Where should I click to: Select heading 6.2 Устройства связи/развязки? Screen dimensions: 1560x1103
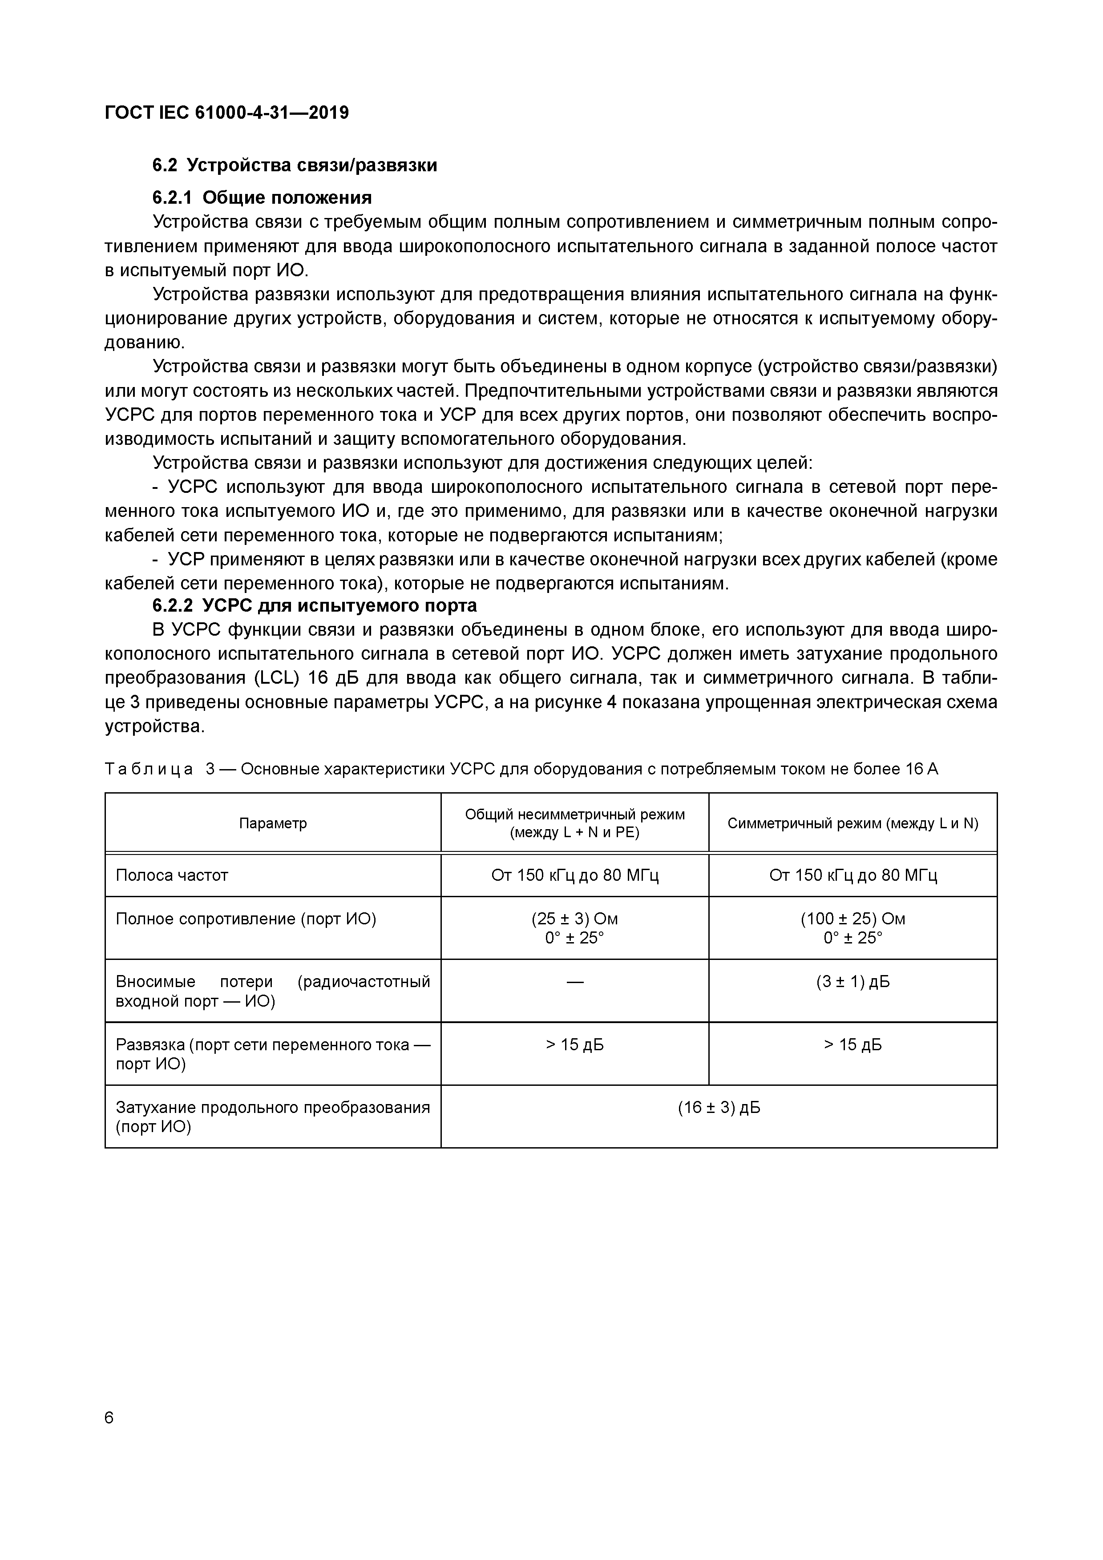pos(294,165)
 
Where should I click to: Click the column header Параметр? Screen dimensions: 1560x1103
pos(272,823)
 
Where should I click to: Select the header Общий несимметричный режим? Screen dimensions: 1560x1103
pos(574,814)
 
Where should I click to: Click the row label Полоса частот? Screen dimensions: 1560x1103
pos(172,875)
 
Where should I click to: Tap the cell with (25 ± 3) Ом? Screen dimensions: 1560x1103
pos(574,919)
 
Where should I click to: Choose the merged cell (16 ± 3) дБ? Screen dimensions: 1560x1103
pos(718,1108)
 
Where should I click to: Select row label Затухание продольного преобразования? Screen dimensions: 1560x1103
pos(272,1108)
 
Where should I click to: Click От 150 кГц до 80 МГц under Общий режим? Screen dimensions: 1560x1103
pos(574,875)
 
